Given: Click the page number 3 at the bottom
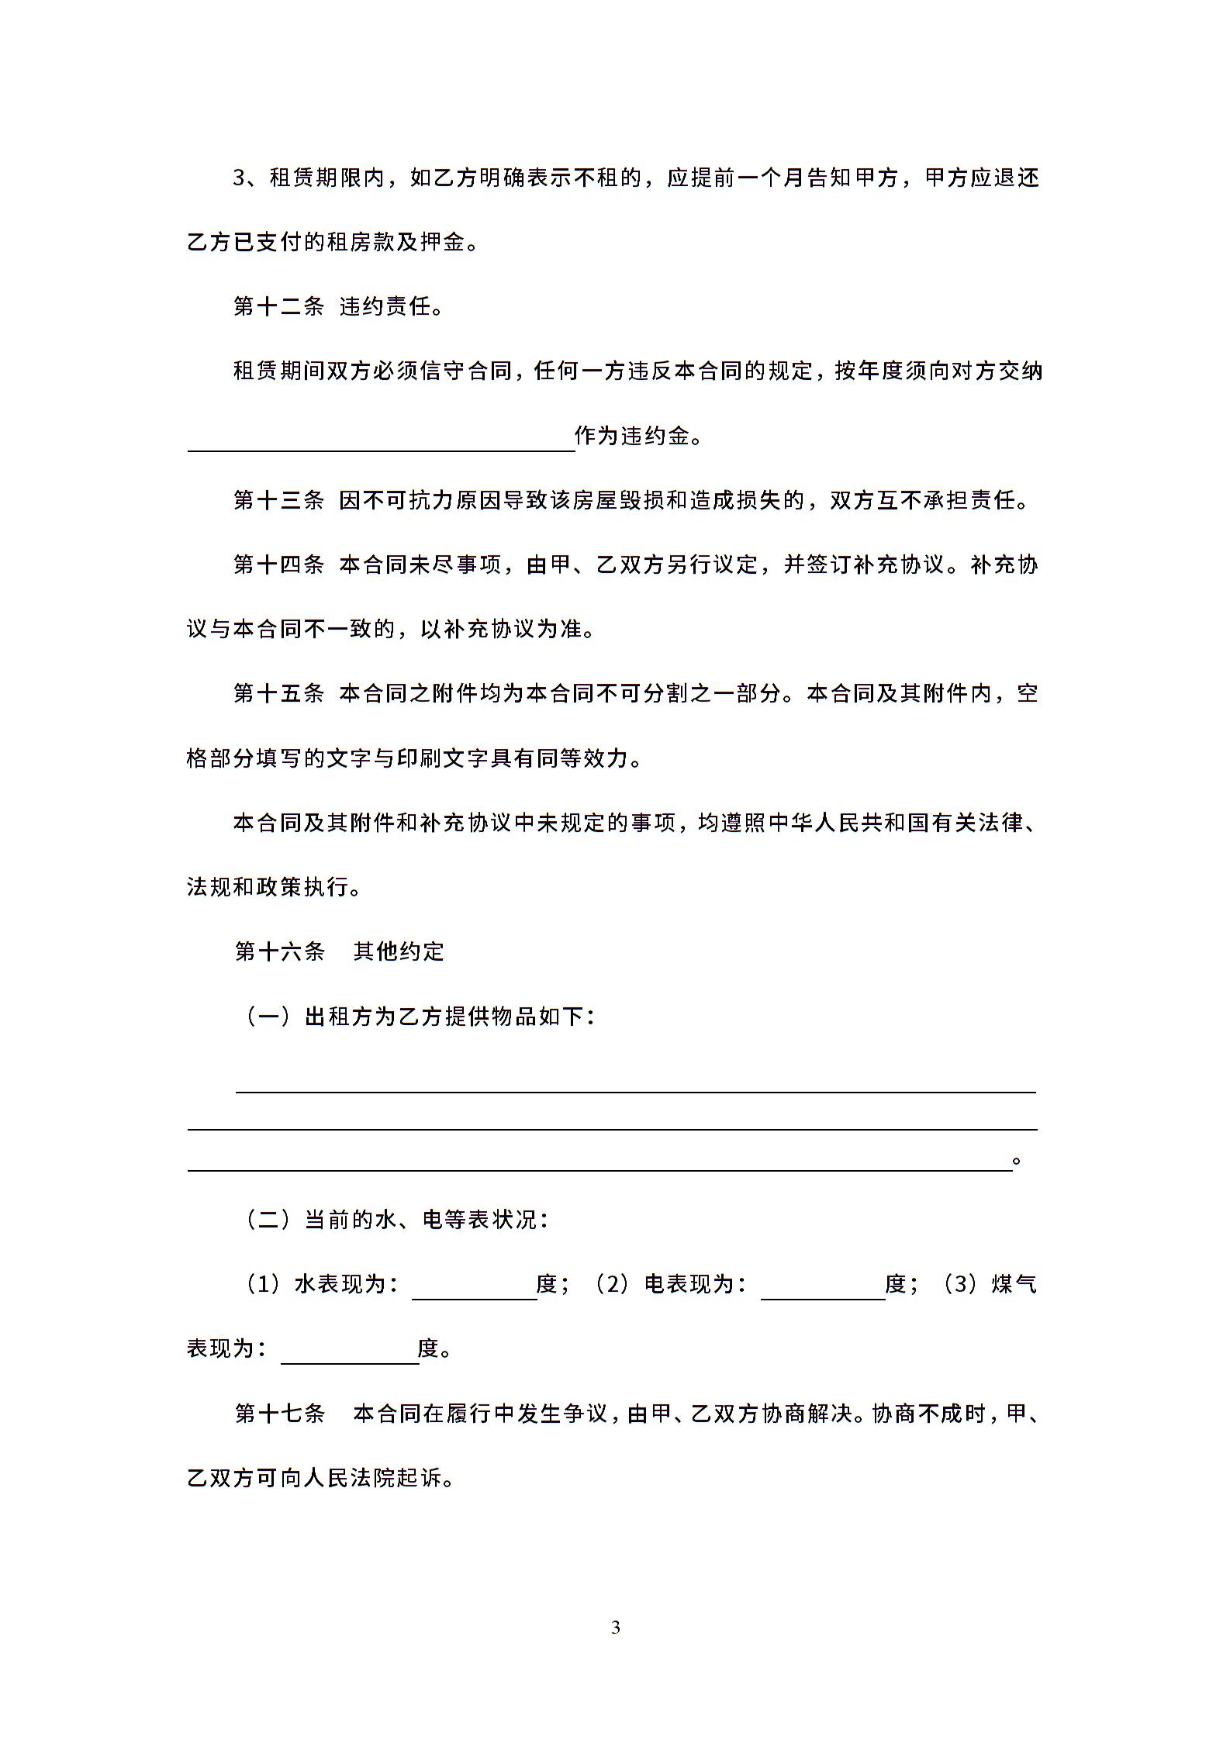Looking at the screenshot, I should (x=616, y=1628).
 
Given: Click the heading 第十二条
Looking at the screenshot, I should (x=279, y=307).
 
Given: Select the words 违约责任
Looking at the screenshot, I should (x=385, y=307).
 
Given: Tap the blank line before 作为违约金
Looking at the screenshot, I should (x=380, y=440).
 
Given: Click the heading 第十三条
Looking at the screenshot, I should (x=279, y=500).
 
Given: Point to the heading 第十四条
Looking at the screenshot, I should (x=279, y=564).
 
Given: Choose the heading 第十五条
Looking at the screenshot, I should (x=279, y=693).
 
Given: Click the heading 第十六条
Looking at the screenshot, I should (x=280, y=951).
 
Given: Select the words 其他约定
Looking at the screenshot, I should (x=399, y=951).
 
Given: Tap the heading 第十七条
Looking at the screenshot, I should (x=280, y=1414).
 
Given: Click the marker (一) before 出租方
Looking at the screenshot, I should (x=268, y=1016).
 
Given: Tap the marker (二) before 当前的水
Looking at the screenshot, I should (x=268, y=1220).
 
